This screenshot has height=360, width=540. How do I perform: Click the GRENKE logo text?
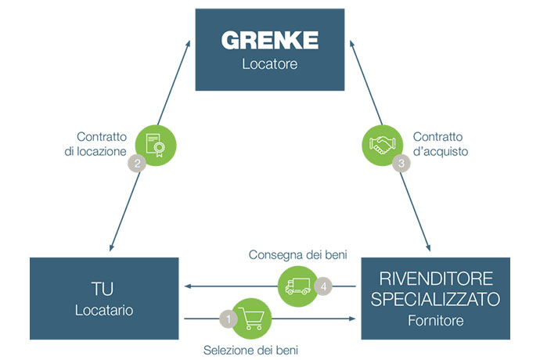tap(270, 40)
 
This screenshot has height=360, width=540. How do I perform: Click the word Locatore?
tap(270, 64)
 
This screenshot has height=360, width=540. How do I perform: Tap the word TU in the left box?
tap(104, 286)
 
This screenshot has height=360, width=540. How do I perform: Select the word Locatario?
tap(104, 311)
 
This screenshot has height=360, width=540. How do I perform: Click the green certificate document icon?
tap(156, 146)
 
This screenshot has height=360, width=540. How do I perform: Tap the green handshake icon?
tap(383, 146)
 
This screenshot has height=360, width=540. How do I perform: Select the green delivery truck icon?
tap(298, 286)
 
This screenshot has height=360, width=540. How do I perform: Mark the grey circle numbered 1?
tap(229, 319)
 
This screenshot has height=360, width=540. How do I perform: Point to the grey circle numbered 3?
tap(402, 164)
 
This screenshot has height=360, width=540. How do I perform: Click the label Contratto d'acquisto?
tap(440, 144)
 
